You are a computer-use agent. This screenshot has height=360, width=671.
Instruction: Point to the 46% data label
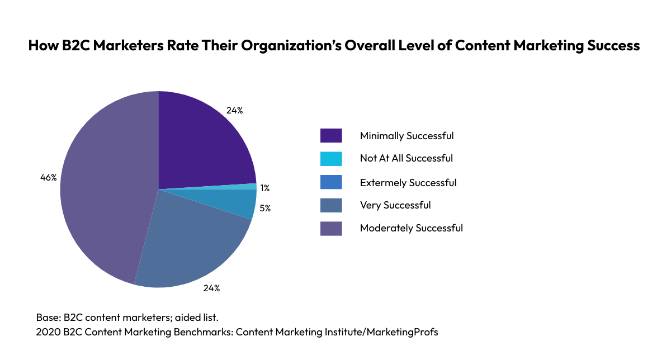(49, 178)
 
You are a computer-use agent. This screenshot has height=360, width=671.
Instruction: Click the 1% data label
(265, 188)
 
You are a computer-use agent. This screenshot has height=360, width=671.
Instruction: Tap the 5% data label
(265, 209)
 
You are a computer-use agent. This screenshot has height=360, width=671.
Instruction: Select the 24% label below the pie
(211, 288)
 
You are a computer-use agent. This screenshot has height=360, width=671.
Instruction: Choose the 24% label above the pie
(234, 110)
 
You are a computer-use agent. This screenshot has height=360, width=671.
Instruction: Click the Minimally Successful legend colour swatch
(330, 136)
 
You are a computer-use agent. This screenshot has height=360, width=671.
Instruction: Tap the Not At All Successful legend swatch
(330, 159)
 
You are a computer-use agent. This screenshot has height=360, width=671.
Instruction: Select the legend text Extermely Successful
(408, 183)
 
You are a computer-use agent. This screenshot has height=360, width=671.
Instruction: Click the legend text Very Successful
(395, 205)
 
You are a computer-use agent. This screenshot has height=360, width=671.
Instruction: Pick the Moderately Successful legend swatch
(330, 228)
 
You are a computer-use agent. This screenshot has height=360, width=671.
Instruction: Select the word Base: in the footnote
(47, 317)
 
